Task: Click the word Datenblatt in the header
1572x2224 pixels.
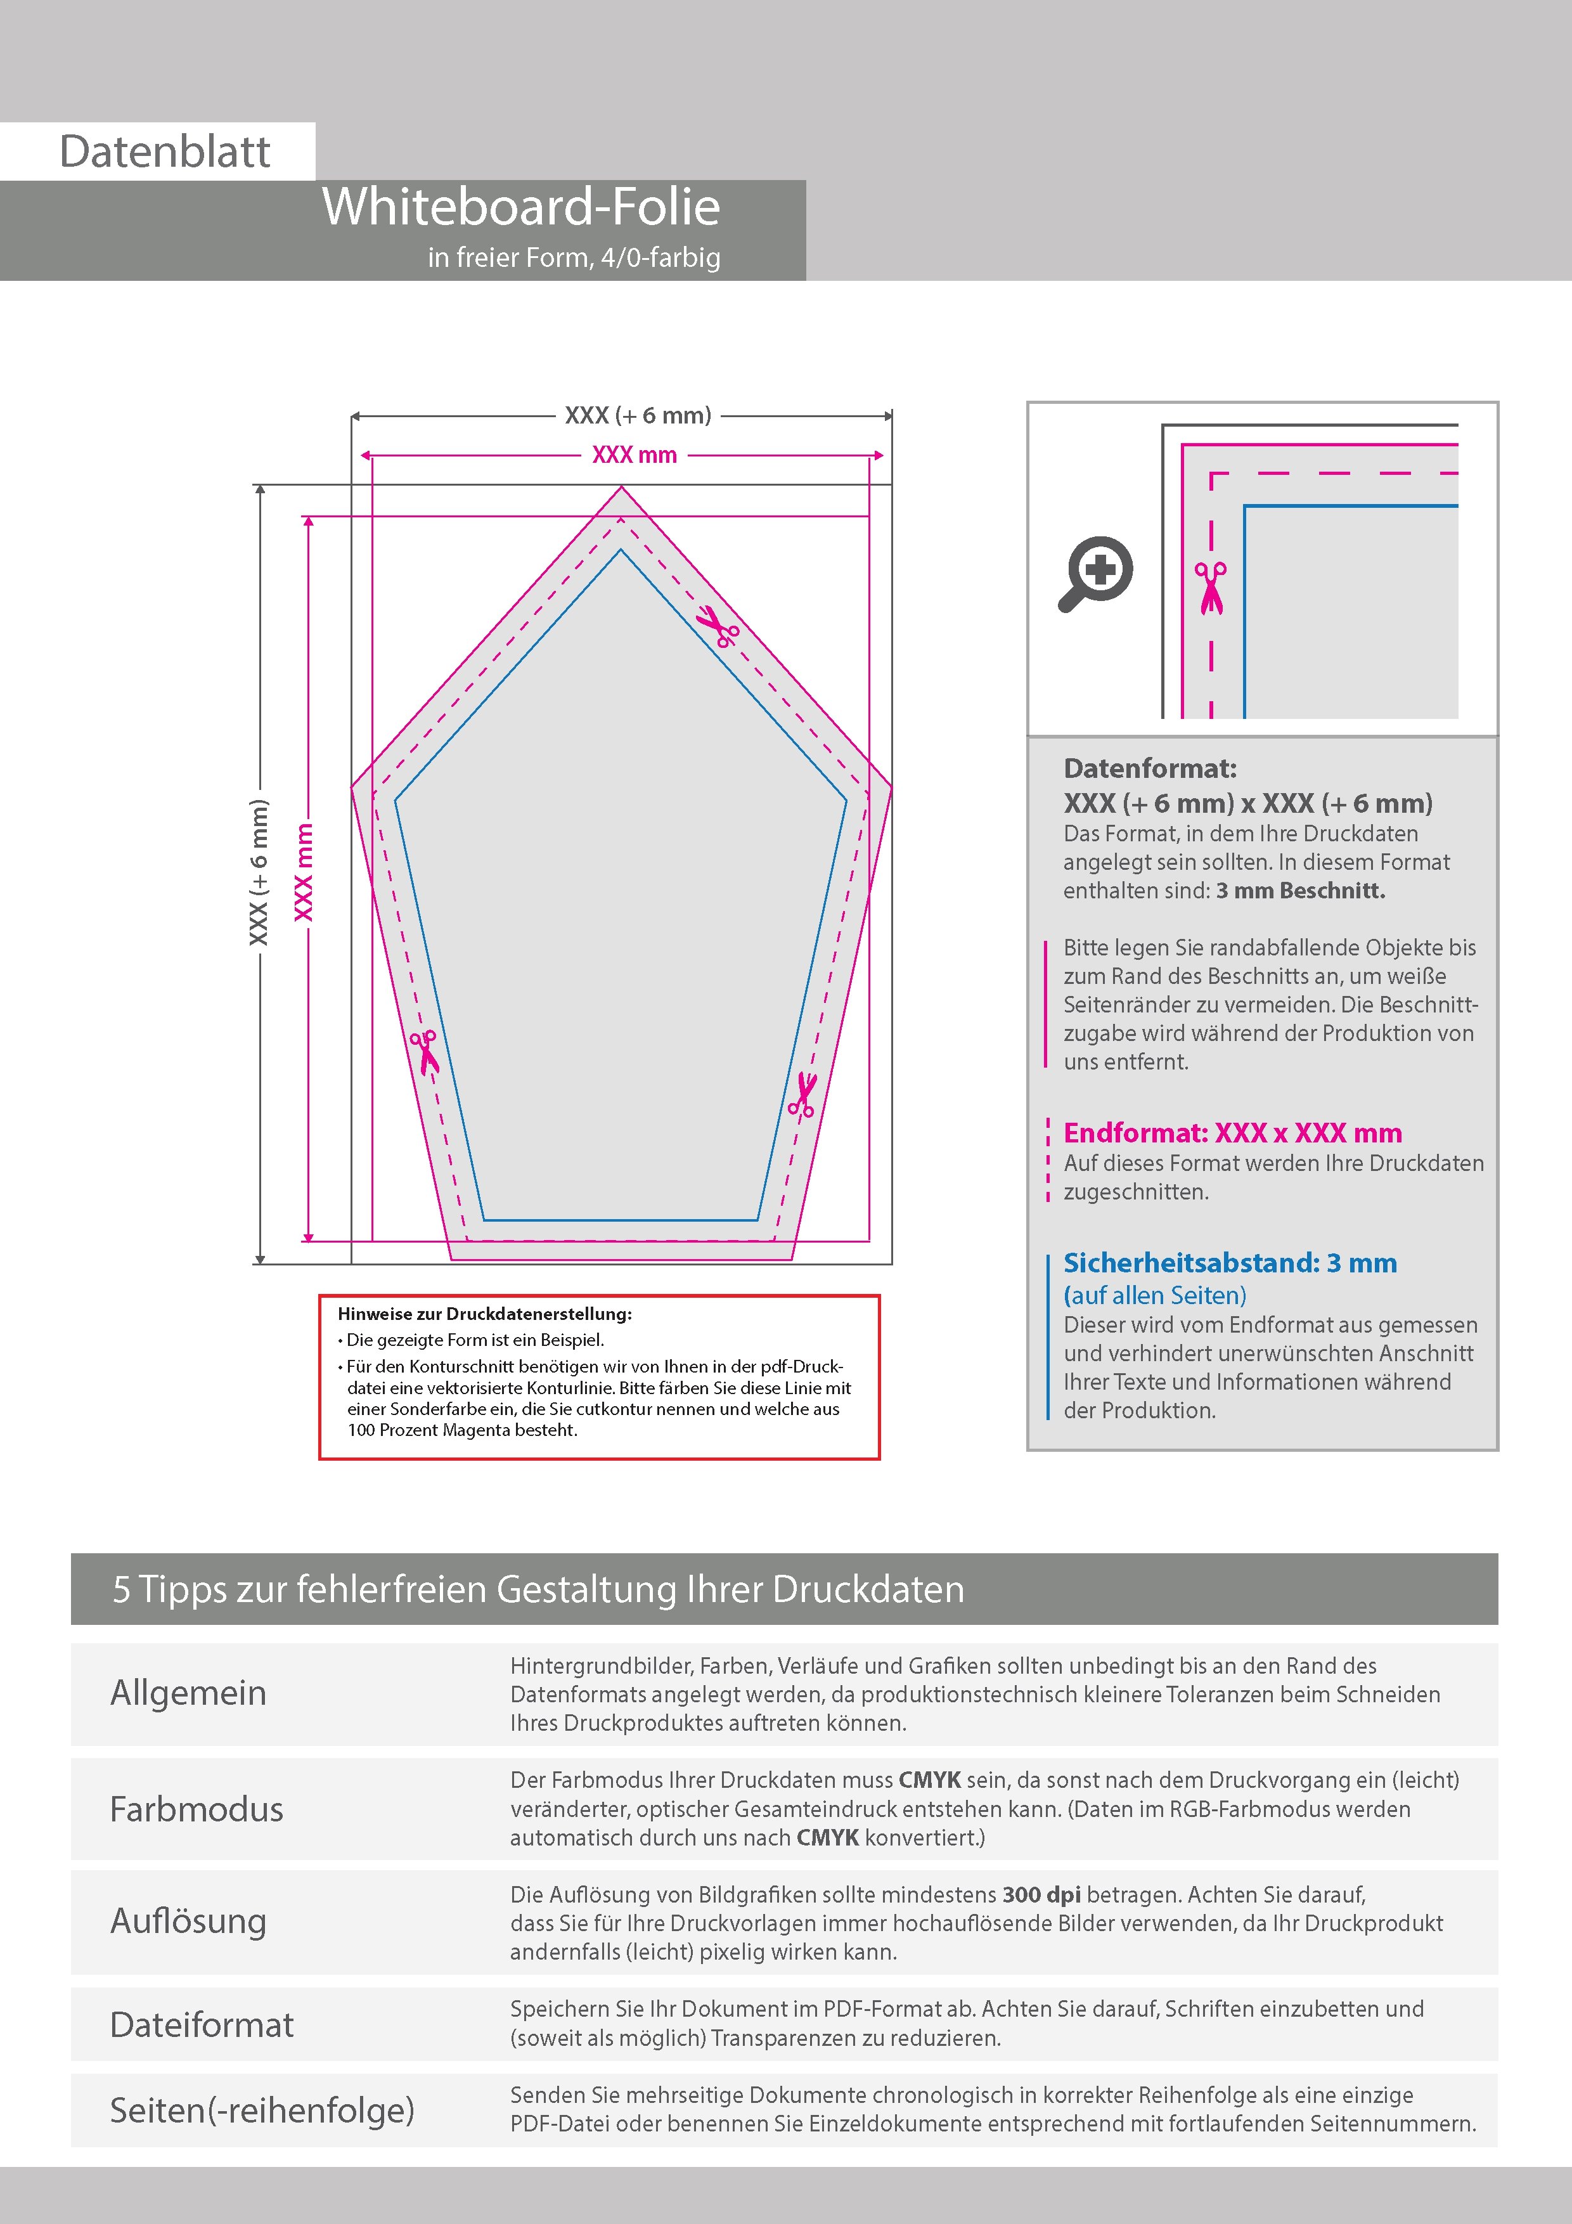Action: [165, 152]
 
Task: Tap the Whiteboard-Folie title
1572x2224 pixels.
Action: [521, 207]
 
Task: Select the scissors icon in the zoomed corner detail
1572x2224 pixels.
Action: [1210, 587]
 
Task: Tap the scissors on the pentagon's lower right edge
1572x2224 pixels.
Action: [802, 1096]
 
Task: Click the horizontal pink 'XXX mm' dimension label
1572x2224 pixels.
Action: [635, 455]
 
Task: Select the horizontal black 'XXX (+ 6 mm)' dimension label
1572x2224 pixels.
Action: [638, 415]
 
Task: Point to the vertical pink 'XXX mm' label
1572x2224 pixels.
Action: [304, 872]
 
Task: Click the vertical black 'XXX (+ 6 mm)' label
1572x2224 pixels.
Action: [259, 872]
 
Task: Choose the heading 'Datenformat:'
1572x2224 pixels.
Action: [1150, 769]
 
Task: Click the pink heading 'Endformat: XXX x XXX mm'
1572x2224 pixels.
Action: [1232, 1134]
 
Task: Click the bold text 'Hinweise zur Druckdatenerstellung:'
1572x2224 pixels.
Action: [484, 1314]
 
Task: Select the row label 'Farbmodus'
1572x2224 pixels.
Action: [196, 1809]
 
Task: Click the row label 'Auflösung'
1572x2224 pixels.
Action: [189, 1921]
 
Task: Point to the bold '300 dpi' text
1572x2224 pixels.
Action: [1041, 1895]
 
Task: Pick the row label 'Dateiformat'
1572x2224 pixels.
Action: [202, 2024]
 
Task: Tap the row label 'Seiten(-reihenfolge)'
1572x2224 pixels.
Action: [262, 2110]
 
